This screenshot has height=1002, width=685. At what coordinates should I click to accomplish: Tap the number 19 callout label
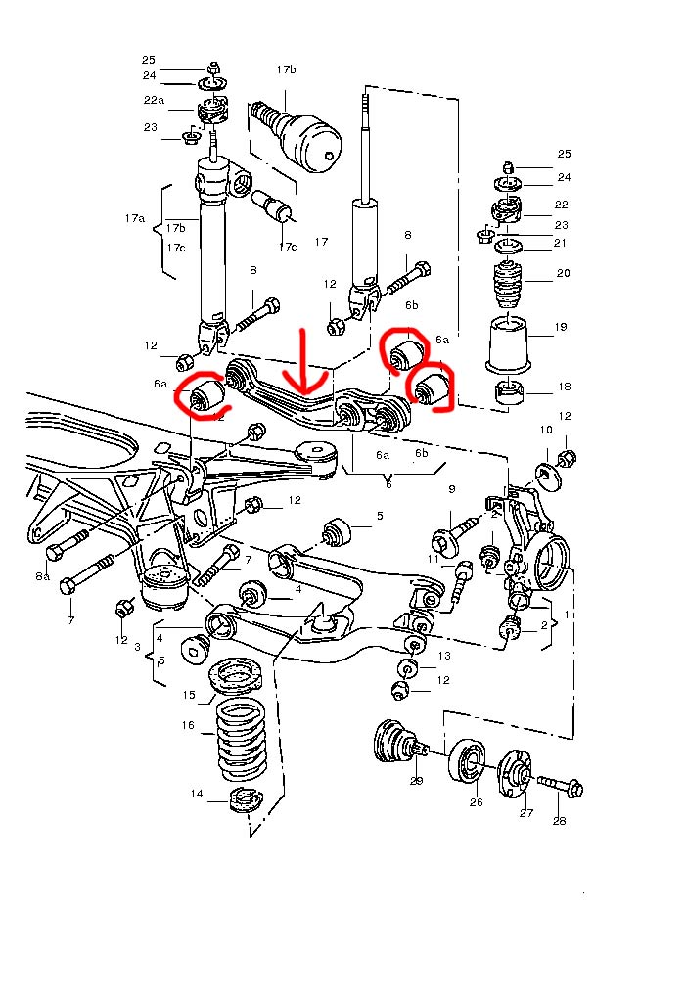pyautogui.click(x=561, y=328)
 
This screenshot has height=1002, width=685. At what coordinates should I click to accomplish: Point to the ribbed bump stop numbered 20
pyautogui.click(x=509, y=285)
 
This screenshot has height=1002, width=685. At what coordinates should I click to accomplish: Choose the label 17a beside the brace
pyautogui.click(x=134, y=218)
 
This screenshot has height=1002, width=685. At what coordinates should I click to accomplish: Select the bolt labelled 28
pyautogui.click(x=559, y=785)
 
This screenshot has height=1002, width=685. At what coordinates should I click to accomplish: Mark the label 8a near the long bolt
pyautogui.click(x=43, y=578)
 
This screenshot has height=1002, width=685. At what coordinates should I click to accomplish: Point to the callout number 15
pyautogui.click(x=189, y=695)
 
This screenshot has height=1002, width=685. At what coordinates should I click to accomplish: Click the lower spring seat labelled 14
pyautogui.click(x=241, y=800)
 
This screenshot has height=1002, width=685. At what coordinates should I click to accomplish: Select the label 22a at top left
pyautogui.click(x=154, y=100)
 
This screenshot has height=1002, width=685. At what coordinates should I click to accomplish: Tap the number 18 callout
pyautogui.click(x=564, y=387)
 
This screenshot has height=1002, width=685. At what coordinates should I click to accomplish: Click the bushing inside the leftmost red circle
pyautogui.click(x=206, y=396)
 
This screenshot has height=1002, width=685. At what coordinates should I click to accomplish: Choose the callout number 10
pyautogui.click(x=545, y=430)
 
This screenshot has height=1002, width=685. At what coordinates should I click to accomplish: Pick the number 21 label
pyautogui.click(x=561, y=243)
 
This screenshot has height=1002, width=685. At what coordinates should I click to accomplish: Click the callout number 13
pyautogui.click(x=444, y=656)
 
